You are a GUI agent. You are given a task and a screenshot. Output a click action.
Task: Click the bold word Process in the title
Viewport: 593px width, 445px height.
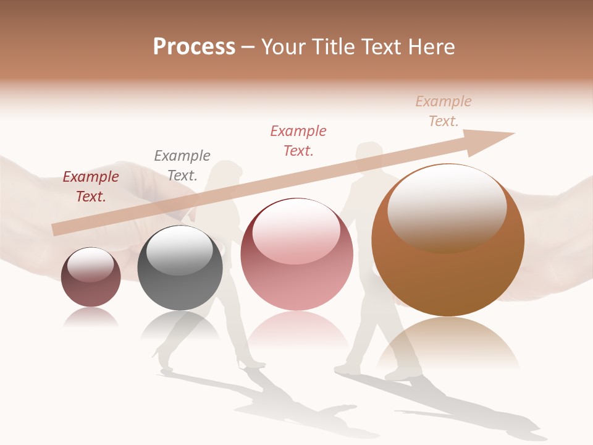pos(194,47)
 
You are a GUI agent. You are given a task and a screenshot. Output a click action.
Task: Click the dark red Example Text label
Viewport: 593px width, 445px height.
pos(91,187)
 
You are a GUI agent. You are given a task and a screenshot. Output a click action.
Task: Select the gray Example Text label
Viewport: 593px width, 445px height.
pos(182,166)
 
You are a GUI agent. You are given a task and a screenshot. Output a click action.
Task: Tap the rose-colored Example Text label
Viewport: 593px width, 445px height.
pos(298,141)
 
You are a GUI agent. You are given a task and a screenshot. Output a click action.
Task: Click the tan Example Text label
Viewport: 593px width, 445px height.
pos(444,111)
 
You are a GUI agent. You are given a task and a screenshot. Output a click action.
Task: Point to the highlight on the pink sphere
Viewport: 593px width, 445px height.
pos(296,231)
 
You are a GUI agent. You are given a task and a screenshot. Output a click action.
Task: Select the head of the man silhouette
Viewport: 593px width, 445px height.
pos(370,153)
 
